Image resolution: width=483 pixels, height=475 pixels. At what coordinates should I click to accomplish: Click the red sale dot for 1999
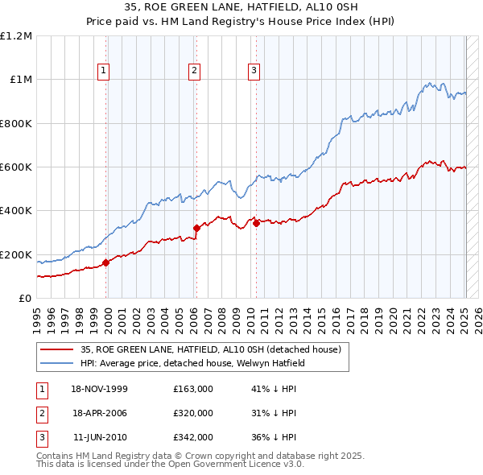[x=107, y=262]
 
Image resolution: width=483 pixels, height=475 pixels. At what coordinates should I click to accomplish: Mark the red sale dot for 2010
[x=257, y=224]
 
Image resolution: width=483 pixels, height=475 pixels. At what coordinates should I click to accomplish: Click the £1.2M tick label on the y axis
[x=16, y=36]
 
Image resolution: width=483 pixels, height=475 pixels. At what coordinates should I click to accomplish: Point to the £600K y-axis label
[x=16, y=167]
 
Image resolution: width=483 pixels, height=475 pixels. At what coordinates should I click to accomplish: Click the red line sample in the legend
[x=56, y=349]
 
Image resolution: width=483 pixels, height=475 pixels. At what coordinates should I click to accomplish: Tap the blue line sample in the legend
[x=56, y=363]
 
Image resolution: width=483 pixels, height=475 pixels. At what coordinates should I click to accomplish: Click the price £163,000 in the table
[x=193, y=389]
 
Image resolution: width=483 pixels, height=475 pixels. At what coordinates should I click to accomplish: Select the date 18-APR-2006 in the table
[x=100, y=413]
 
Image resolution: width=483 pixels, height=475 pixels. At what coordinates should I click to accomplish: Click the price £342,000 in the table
[x=193, y=437]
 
